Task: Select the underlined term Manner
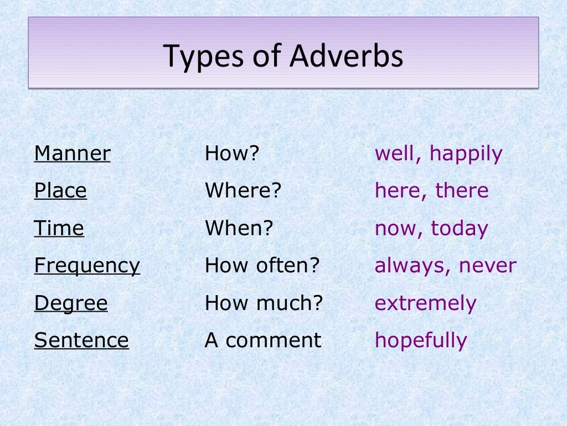click(x=72, y=154)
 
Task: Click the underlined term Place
click(x=60, y=191)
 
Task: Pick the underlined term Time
click(x=59, y=229)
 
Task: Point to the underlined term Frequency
click(x=87, y=266)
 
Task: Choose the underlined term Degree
click(x=71, y=303)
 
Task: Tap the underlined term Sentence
click(x=81, y=340)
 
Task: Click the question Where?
click(x=243, y=191)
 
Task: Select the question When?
click(x=239, y=229)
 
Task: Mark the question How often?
click(x=262, y=266)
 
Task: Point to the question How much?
click(x=264, y=303)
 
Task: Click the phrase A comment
click(x=262, y=340)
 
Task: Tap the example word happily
click(x=466, y=154)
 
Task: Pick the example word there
click(x=462, y=191)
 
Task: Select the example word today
click(x=460, y=229)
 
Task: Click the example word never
click(x=487, y=266)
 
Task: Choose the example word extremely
click(x=425, y=304)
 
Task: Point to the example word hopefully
click(x=421, y=341)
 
